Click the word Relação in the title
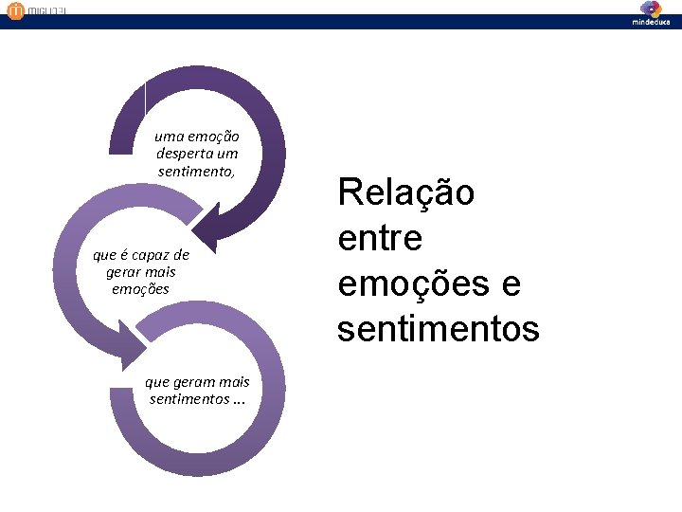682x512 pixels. pyautogui.click(x=406, y=193)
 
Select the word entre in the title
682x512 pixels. pyautogui.click(x=380, y=238)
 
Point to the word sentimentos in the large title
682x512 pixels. pyautogui.click(x=438, y=329)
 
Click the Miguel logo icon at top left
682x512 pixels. pyautogui.click(x=14, y=11)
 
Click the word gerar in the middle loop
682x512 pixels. pyautogui.click(x=124, y=271)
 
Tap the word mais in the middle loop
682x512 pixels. pyautogui.click(x=160, y=271)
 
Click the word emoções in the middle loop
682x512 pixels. pyautogui.click(x=140, y=288)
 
